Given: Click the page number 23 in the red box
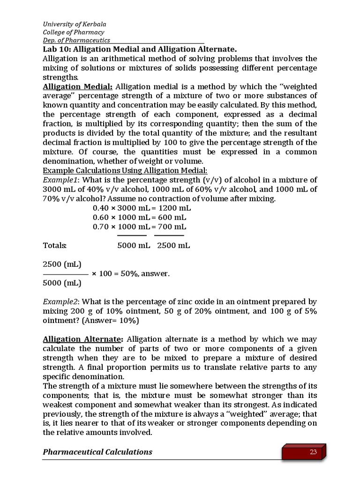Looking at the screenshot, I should click(x=313, y=452).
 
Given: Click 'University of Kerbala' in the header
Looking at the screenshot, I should click(x=71, y=23).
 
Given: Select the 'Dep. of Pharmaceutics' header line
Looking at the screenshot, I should click(x=76, y=40).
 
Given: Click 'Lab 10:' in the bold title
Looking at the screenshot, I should click(x=57, y=49).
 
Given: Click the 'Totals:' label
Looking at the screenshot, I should click(x=55, y=246).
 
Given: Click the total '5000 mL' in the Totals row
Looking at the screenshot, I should click(x=134, y=246).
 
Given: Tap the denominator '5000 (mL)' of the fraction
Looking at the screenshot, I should click(x=62, y=283).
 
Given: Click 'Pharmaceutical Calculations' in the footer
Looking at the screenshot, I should click(x=97, y=452).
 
